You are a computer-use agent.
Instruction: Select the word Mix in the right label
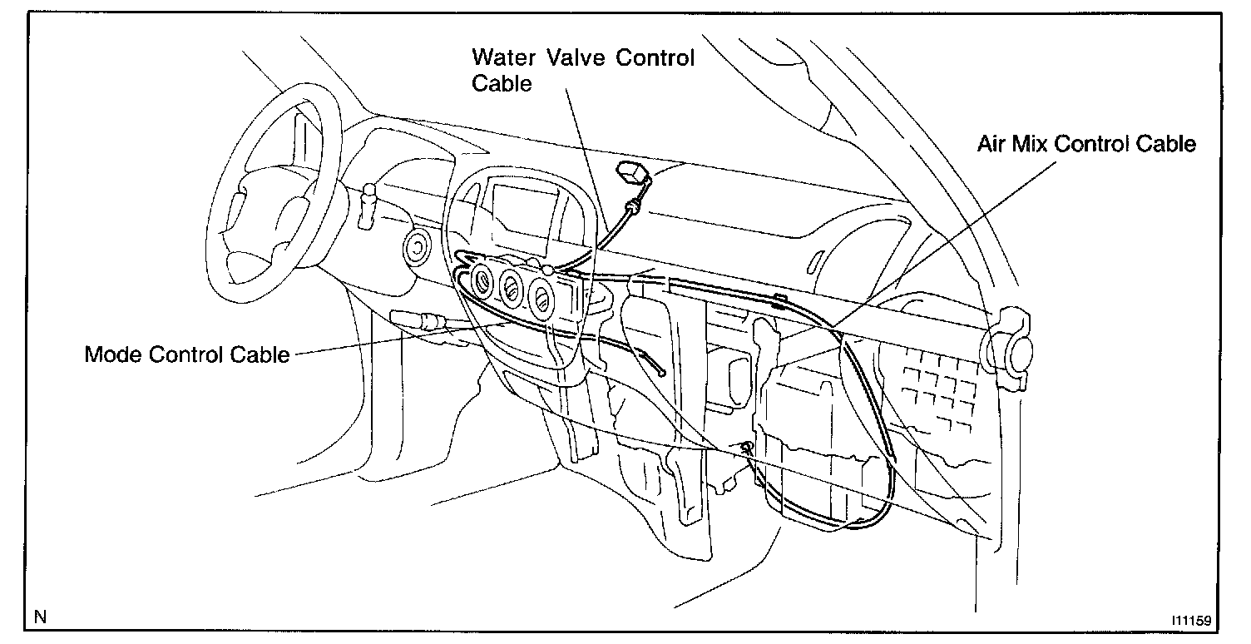(1029, 144)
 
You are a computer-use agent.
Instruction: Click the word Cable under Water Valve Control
(502, 83)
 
